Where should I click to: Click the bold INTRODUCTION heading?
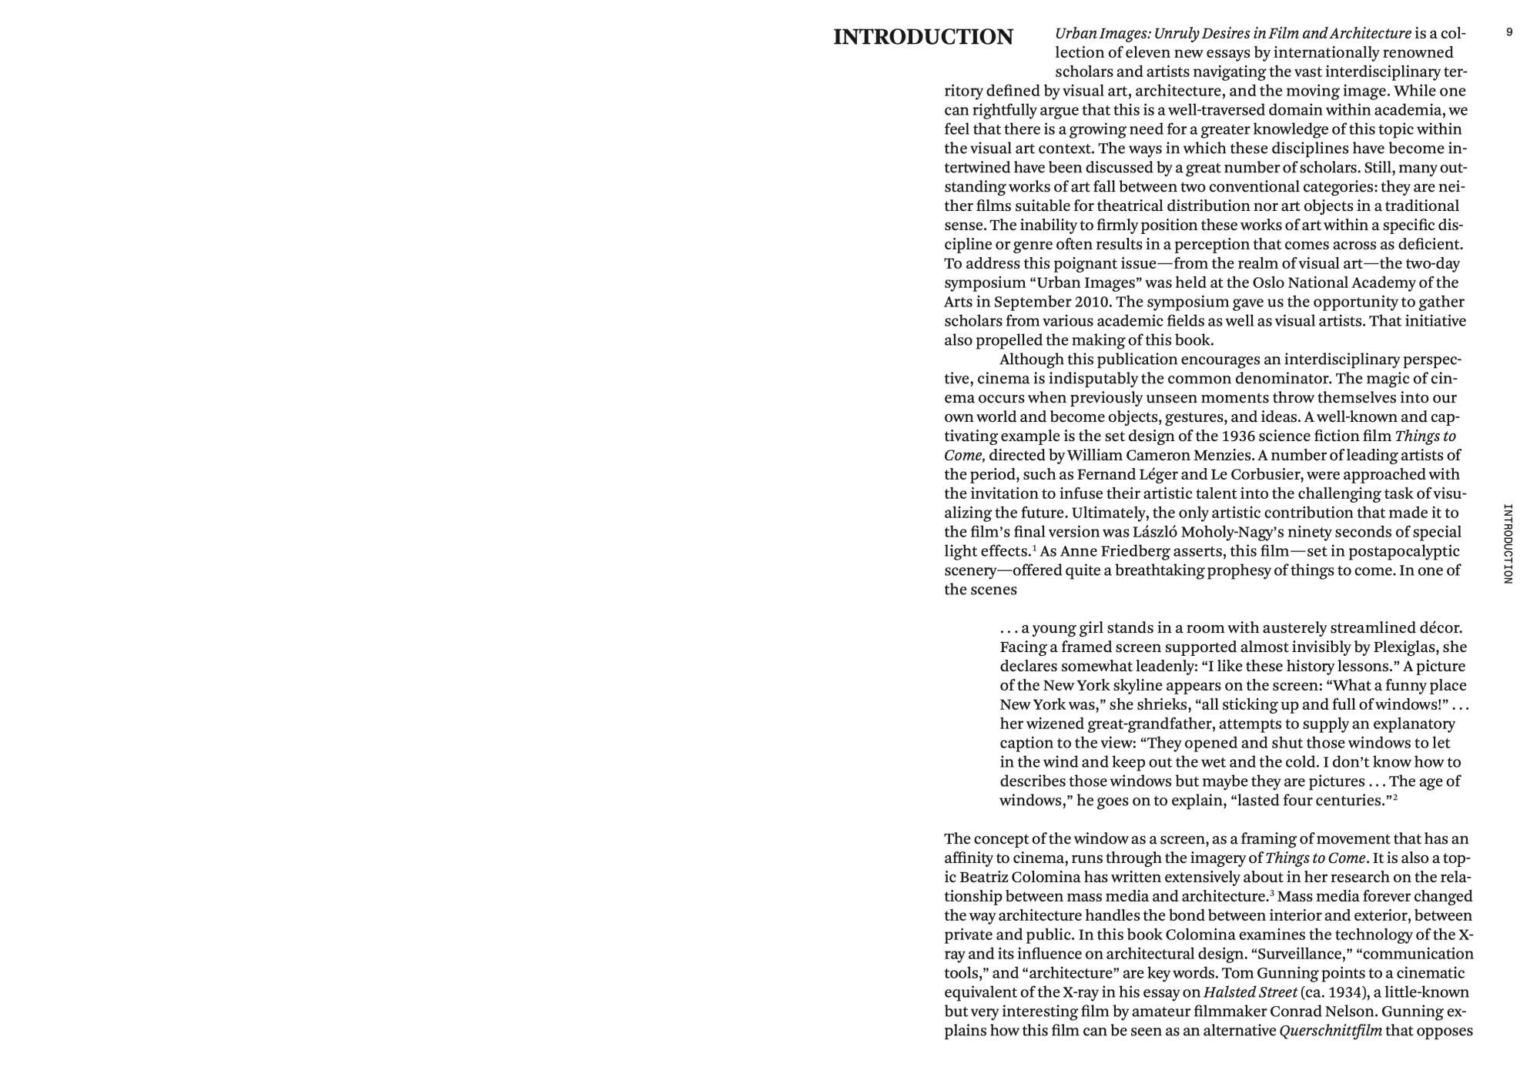pos(922,37)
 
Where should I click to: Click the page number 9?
pos(1509,32)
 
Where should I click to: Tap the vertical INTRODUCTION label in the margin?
pos(1508,543)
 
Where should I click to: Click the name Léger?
pos(1155,474)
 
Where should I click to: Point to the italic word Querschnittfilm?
pos(1330,1031)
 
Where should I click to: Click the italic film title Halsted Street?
pos(1250,992)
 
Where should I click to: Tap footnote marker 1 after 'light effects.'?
pos(1034,548)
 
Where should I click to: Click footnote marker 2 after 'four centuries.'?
pos(1394,798)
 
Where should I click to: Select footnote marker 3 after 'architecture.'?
pos(1271,893)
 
